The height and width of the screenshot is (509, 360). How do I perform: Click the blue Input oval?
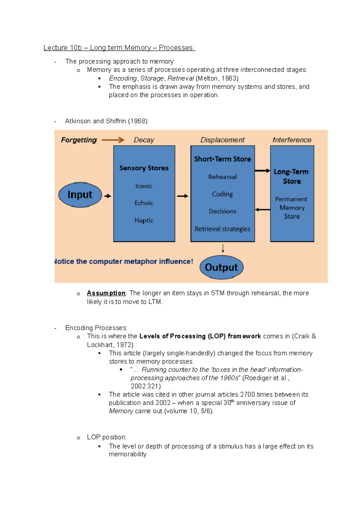coord(80,195)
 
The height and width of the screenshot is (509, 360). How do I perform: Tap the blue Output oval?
coord(221,267)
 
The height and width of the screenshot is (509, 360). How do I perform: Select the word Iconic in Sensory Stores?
coord(144,186)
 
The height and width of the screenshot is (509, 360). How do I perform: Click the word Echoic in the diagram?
coord(144,203)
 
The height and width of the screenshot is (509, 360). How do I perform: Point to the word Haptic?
coord(144,220)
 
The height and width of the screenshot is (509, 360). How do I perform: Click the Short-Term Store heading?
coord(222,159)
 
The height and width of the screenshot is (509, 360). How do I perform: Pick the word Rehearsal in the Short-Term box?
coord(222,177)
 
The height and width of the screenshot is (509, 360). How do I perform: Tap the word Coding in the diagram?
coord(222,194)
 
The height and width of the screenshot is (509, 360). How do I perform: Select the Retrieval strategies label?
coord(222,229)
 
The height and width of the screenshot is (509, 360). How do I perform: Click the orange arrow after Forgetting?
coord(113,140)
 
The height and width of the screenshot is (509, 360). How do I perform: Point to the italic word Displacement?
coord(222,140)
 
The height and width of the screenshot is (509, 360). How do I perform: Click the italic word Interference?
coord(292,140)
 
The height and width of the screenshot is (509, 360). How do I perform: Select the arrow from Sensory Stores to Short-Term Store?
coord(182,196)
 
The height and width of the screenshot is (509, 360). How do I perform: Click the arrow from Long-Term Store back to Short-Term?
coord(262,210)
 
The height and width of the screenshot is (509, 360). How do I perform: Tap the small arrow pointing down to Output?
coord(223,248)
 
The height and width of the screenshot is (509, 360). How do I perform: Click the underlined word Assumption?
coord(106,293)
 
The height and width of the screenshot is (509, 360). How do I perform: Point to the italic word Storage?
coord(152,79)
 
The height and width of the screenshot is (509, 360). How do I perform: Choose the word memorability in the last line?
coord(127,454)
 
